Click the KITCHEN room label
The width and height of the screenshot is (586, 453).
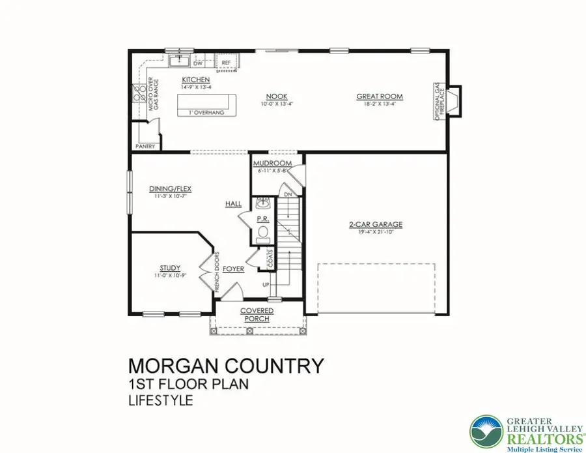pos(195,79)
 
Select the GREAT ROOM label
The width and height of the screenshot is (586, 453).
pos(380,96)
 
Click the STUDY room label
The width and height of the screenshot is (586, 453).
pos(170,268)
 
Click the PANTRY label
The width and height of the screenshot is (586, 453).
pos(146,147)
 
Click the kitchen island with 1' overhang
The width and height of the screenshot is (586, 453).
pos(206,103)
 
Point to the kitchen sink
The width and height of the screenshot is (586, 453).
pos(178,61)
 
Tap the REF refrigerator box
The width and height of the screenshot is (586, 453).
pos(227,63)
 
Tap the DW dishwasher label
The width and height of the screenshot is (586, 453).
pos(197,63)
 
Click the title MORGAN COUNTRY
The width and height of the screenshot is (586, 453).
pos(226,366)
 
